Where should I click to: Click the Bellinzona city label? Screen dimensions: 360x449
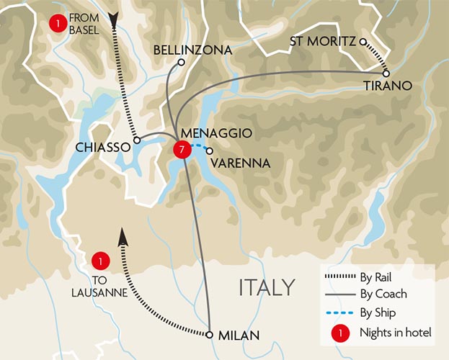pos(193,50)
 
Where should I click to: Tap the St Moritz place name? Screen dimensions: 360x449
pos(322,41)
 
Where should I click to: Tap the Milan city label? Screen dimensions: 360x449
pos(237,335)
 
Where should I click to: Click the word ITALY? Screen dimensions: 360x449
pos(267,287)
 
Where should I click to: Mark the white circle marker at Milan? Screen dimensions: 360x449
pos(209,335)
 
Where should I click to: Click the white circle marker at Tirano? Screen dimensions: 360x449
pos(386,73)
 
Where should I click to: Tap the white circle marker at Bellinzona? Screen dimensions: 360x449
pos(182,63)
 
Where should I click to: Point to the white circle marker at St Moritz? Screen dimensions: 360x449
pos(363,41)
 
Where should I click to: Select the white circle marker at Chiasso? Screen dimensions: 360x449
pos(136,141)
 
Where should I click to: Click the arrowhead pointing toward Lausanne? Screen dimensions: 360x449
pos(122,235)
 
